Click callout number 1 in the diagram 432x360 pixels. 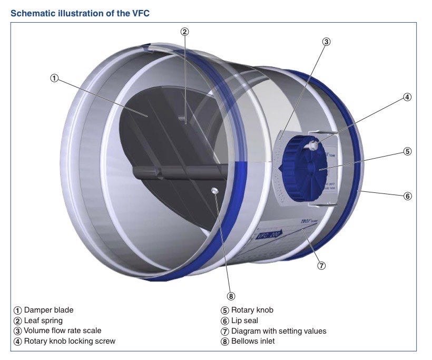pos(54,78)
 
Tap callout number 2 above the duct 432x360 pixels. pos(184,31)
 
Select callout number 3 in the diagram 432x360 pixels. pos(326,42)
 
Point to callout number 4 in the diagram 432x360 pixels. pos(407,96)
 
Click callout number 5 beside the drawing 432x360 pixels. pos(407,151)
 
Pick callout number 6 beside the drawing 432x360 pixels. pos(407,196)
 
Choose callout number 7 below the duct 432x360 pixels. pos(321,265)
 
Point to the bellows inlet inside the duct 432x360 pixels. pos(215,190)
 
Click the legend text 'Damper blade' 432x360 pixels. pos(48,310)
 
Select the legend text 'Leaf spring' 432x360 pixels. pos(43,320)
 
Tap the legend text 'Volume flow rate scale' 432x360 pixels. pos(63,331)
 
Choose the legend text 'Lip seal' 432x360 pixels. pos(244,320)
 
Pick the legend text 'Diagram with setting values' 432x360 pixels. pos(279,331)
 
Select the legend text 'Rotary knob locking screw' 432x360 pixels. pos(70,341)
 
